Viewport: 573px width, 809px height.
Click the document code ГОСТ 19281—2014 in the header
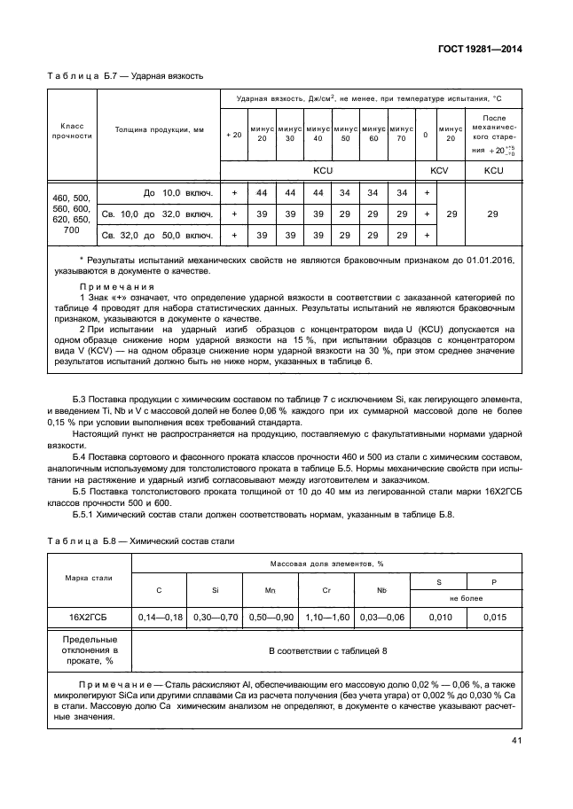[480, 50]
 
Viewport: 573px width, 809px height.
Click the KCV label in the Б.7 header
[439, 168]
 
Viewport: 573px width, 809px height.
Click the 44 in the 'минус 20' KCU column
[262, 192]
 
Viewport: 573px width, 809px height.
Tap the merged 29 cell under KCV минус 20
[451, 214]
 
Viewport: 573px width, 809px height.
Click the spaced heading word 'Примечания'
[117, 286]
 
